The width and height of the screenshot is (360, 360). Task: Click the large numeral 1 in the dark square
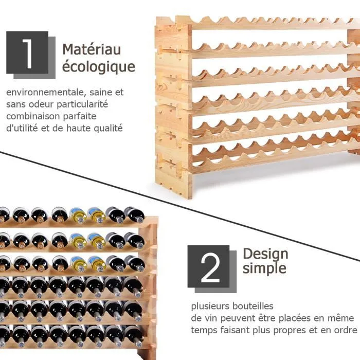[28, 53]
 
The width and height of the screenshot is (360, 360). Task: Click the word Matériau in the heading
[92, 49]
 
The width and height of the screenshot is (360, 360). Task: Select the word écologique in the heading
[99, 67]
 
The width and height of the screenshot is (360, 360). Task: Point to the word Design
[265, 255]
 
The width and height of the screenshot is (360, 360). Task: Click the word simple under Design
[264, 268]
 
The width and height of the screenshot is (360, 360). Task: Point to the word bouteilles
[253, 306]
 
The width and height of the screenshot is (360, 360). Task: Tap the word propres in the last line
[290, 331]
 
